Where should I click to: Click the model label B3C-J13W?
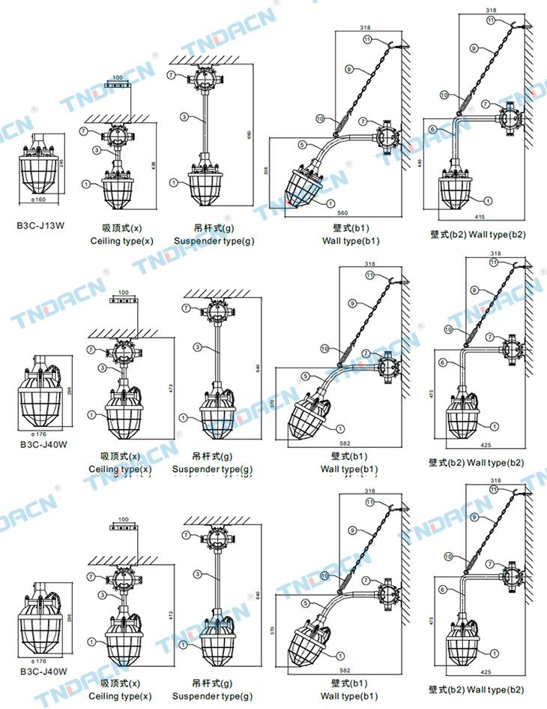(41, 224)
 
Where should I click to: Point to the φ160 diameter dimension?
(40, 200)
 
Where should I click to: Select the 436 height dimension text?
(154, 165)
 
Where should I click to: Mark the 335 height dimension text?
(267, 171)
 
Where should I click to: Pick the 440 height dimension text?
(421, 162)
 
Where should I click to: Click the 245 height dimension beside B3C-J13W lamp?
(61, 163)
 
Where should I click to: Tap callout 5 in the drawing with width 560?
(300, 144)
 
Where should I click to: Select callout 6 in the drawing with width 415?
(432, 129)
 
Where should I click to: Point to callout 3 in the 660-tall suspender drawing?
(184, 117)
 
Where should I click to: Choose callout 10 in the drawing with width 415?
(444, 95)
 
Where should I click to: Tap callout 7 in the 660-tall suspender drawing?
(171, 75)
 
